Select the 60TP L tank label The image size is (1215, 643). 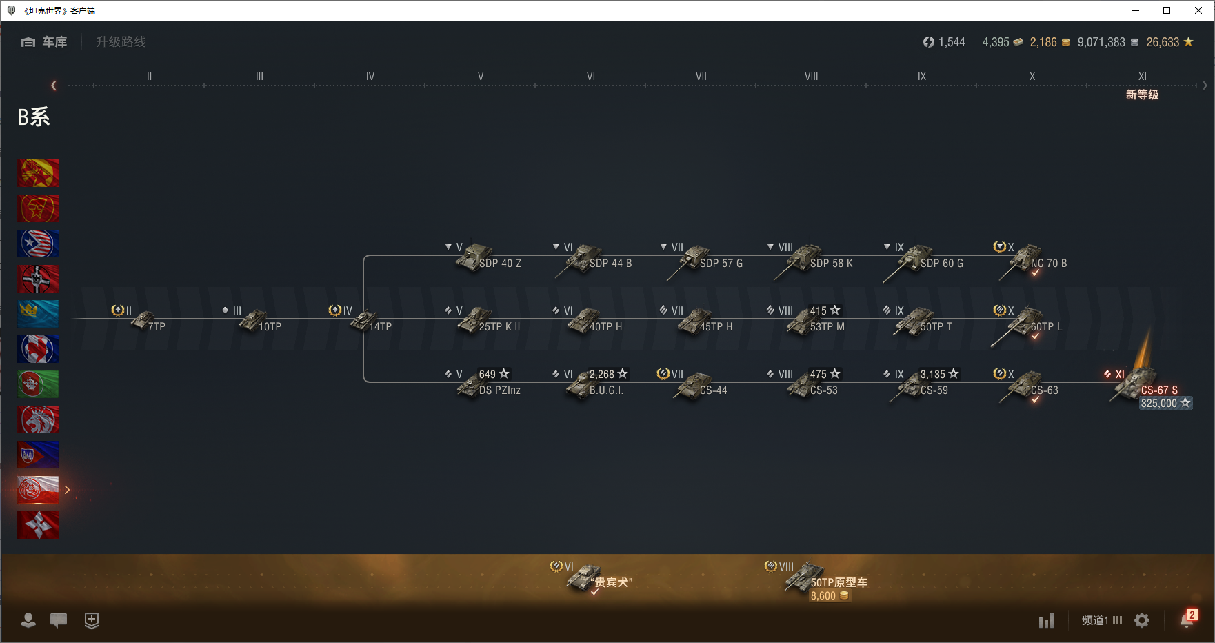1046,326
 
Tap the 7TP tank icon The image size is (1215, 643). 143,321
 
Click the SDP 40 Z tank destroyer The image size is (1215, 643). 474,258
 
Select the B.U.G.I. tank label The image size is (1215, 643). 606,390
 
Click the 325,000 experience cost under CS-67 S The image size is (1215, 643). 1165,404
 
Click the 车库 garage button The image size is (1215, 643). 45,42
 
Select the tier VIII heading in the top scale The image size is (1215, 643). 811,77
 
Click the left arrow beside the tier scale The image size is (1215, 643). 54,86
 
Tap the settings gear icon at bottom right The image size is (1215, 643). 1142,621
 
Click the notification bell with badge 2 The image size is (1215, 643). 1186,620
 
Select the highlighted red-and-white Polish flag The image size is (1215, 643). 38,490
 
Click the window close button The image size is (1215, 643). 1198,10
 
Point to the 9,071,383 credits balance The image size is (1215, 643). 1101,42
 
